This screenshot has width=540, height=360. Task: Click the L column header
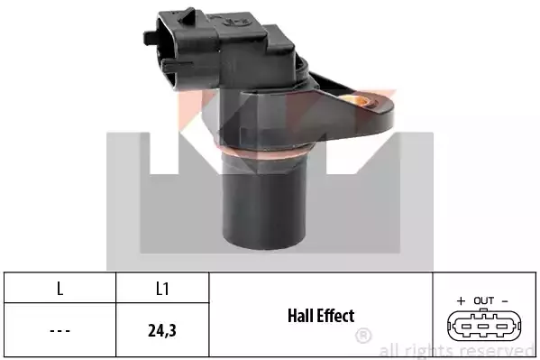(x=59, y=289)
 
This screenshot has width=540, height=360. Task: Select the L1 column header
(x=162, y=289)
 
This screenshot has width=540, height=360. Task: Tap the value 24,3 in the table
(x=162, y=330)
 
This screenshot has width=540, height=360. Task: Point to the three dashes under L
(x=59, y=331)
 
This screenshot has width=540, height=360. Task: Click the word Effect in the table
(x=336, y=316)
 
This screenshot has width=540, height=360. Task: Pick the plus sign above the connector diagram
(x=461, y=301)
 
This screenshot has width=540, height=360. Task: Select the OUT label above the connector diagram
(x=484, y=300)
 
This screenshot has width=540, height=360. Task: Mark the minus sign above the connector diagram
(x=505, y=301)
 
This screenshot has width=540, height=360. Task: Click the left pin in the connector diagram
(x=467, y=326)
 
